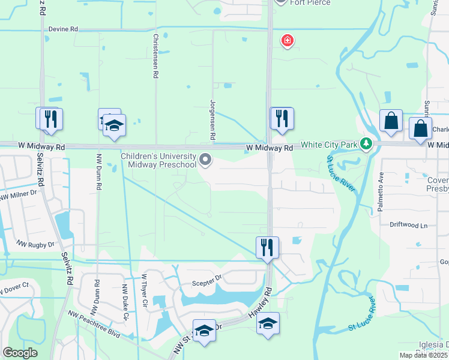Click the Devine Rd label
click(x=63, y=29)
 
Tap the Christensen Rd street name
click(x=155, y=56)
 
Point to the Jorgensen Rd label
click(x=212, y=120)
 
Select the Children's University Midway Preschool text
click(x=158, y=160)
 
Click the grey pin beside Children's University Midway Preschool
click(x=205, y=160)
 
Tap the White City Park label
click(x=328, y=145)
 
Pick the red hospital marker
click(x=288, y=41)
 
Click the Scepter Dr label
click(x=207, y=278)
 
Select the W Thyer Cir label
click(x=144, y=293)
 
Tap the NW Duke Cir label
click(x=126, y=302)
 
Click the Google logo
click(x=20, y=353)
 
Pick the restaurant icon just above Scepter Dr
click(x=267, y=247)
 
